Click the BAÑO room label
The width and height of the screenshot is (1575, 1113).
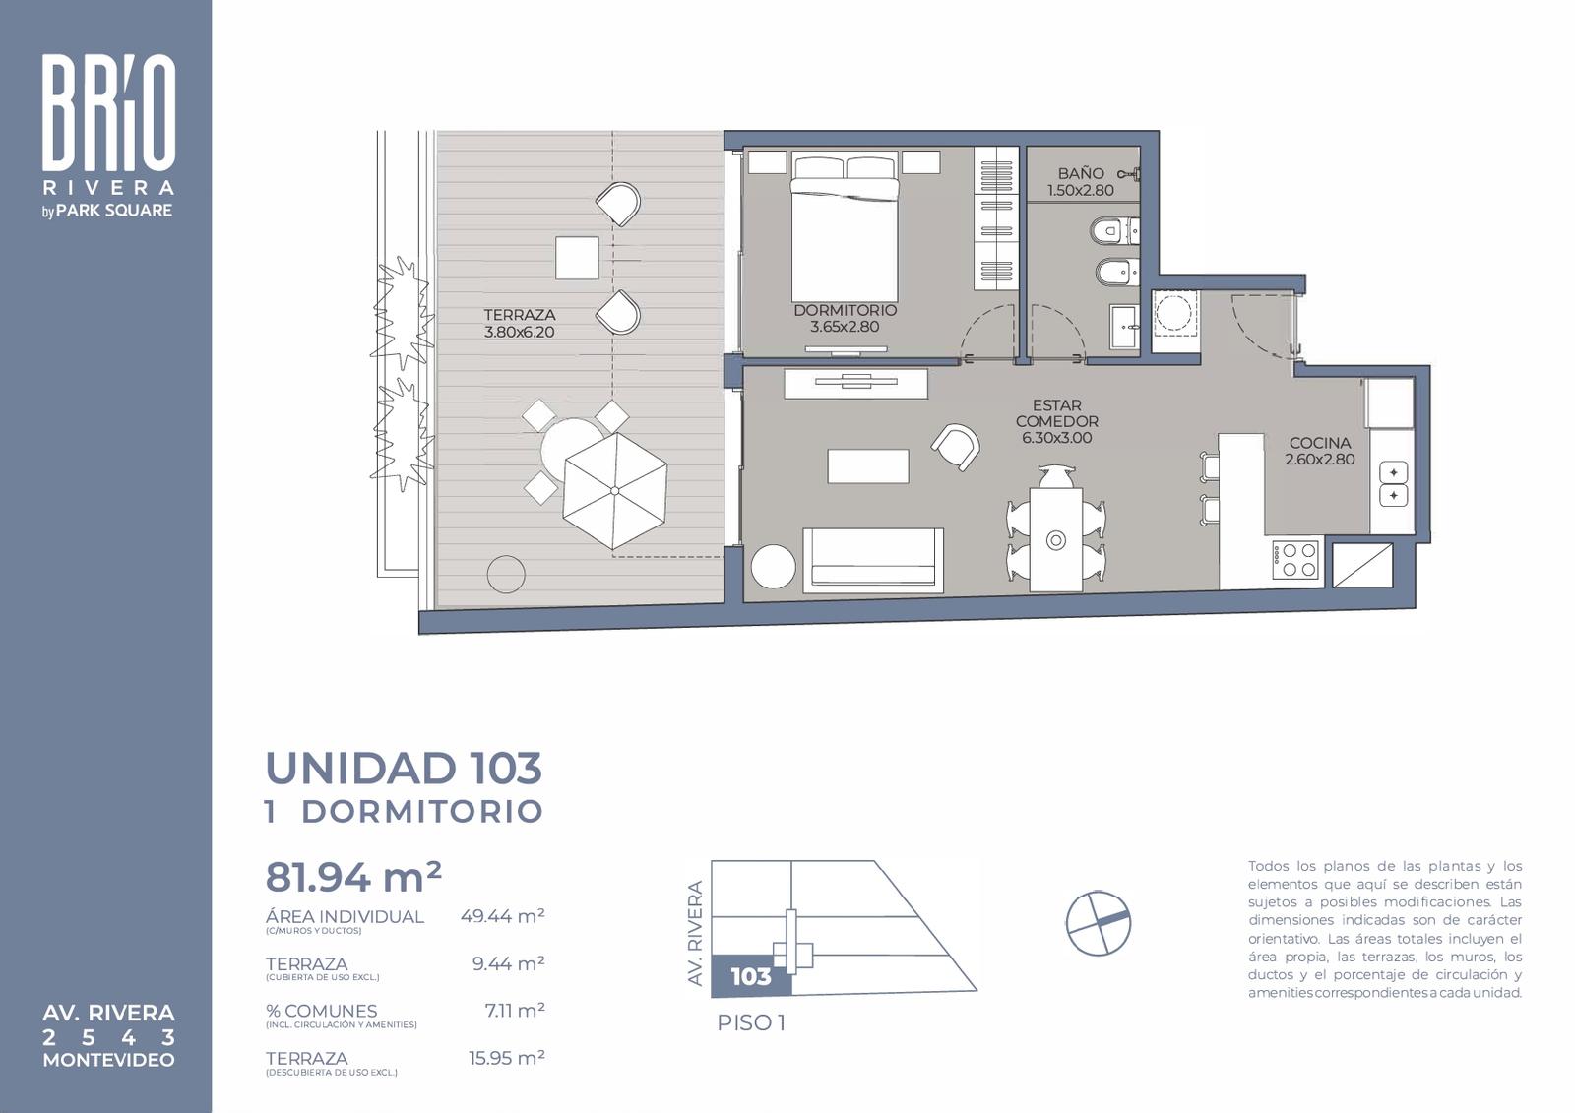(1081, 173)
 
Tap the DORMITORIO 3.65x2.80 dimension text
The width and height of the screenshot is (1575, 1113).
(845, 327)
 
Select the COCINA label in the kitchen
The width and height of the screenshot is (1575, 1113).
(1320, 443)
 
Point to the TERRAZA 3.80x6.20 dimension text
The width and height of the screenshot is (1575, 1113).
(519, 332)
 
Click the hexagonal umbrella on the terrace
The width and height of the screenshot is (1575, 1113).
(614, 490)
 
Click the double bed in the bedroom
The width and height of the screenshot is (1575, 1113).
(845, 228)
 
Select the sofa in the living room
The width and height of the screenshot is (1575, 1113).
(872, 560)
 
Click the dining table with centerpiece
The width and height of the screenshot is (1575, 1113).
(1055, 540)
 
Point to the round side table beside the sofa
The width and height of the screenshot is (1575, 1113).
(774, 567)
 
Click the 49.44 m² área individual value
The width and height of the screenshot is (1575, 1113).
(502, 916)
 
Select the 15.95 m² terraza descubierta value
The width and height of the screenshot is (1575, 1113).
(507, 1058)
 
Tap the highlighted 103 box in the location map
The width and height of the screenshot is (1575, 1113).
(751, 976)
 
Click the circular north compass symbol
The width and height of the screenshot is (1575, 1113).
(1098, 922)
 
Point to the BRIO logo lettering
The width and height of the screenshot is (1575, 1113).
(108, 112)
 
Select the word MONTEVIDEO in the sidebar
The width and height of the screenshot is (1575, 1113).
(108, 1060)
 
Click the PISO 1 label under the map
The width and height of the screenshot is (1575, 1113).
(751, 1023)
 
